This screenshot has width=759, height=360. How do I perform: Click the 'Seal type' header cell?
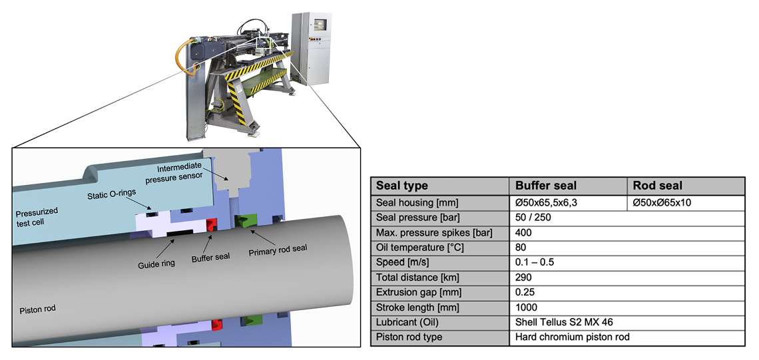tap(402, 186)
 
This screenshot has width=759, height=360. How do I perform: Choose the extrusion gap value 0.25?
tap(526, 292)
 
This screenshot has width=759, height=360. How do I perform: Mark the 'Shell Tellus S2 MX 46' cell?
tap(563, 322)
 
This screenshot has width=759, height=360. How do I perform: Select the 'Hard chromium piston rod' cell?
tap(572, 337)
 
